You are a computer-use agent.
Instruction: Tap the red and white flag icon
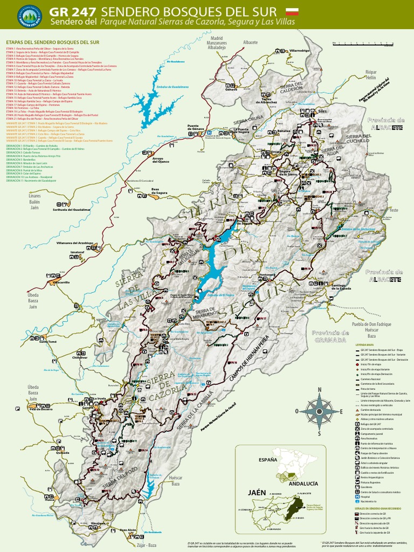click(x=292, y=11)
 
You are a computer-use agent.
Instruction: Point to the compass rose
click(x=319, y=411)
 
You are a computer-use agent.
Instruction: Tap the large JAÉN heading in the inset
click(x=258, y=493)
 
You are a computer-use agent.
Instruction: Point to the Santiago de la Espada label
click(x=341, y=287)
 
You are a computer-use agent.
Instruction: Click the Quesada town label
click(x=63, y=453)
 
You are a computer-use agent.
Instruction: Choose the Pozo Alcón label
click(x=128, y=530)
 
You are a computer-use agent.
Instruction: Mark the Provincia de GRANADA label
click(x=330, y=336)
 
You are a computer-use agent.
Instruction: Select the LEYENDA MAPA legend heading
click(x=364, y=344)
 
